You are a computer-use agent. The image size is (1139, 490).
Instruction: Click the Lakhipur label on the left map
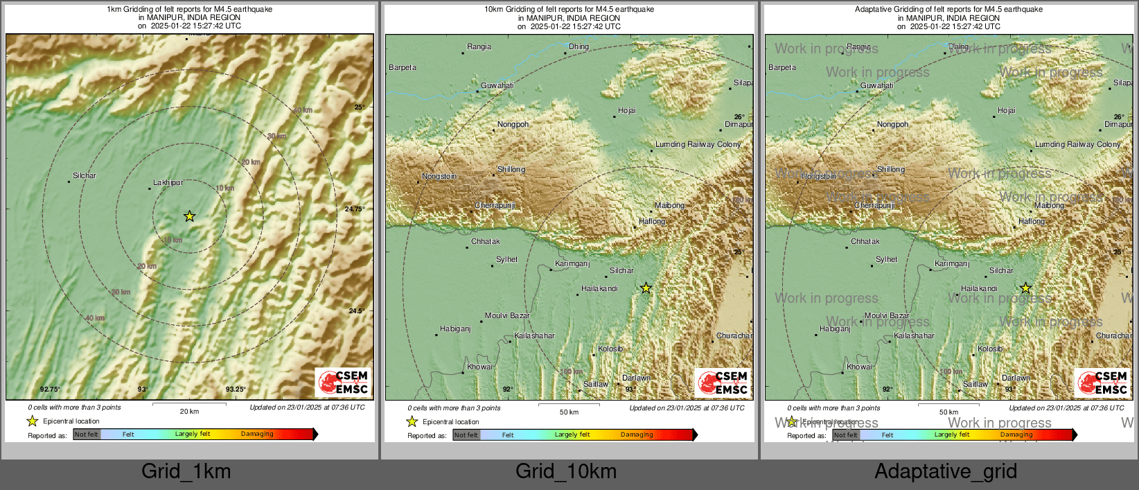[168, 182]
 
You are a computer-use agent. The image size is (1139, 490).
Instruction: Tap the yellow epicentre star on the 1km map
[189, 216]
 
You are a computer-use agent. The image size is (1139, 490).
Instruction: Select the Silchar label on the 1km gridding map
[85, 175]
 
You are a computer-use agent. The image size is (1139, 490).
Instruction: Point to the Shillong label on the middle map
[511, 169]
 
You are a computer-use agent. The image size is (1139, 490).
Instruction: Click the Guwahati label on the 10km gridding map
[497, 85]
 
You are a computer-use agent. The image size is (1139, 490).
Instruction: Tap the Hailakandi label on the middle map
[599, 288]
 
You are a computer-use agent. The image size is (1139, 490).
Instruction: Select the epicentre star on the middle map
[646, 288]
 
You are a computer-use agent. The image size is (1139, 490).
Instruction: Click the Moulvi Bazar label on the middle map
[507, 315]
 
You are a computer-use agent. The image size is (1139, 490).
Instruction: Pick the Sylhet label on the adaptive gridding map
[886, 259]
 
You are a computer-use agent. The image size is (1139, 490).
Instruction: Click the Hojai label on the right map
[1007, 110]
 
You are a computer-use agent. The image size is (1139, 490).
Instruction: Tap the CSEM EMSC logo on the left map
[344, 382]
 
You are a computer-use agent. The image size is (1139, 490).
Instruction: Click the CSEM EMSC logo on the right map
[1103, 383]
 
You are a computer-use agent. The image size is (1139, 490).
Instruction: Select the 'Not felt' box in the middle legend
[466, 435]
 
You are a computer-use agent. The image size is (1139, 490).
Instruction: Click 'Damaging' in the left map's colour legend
[257, 434]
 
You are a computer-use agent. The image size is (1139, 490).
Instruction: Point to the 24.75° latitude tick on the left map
[355, 209]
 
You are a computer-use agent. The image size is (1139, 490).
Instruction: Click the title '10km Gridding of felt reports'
[569, 9]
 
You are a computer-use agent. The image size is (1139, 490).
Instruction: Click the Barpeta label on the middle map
[403, 67]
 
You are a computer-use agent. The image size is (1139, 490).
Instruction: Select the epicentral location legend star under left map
[32, 421]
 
